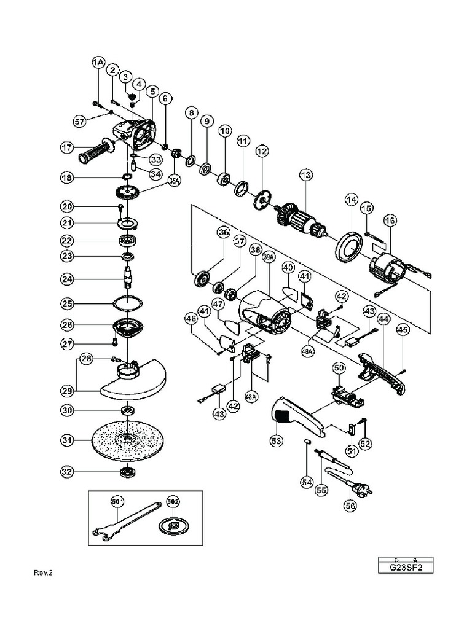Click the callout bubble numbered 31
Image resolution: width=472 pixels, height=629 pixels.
[x=68, y=439]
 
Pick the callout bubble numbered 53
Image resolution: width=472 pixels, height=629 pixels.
[x=277, y=440]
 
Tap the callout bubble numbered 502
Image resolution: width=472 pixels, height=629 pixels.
[x=173, y=502]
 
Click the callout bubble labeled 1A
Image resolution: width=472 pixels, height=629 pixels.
[x=98, y=62]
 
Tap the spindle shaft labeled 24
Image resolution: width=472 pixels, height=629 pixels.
[x=128, y=278]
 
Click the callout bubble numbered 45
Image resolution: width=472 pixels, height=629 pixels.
[x=403, y=330]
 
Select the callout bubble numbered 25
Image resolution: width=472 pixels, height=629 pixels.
[x=68, y=303]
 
